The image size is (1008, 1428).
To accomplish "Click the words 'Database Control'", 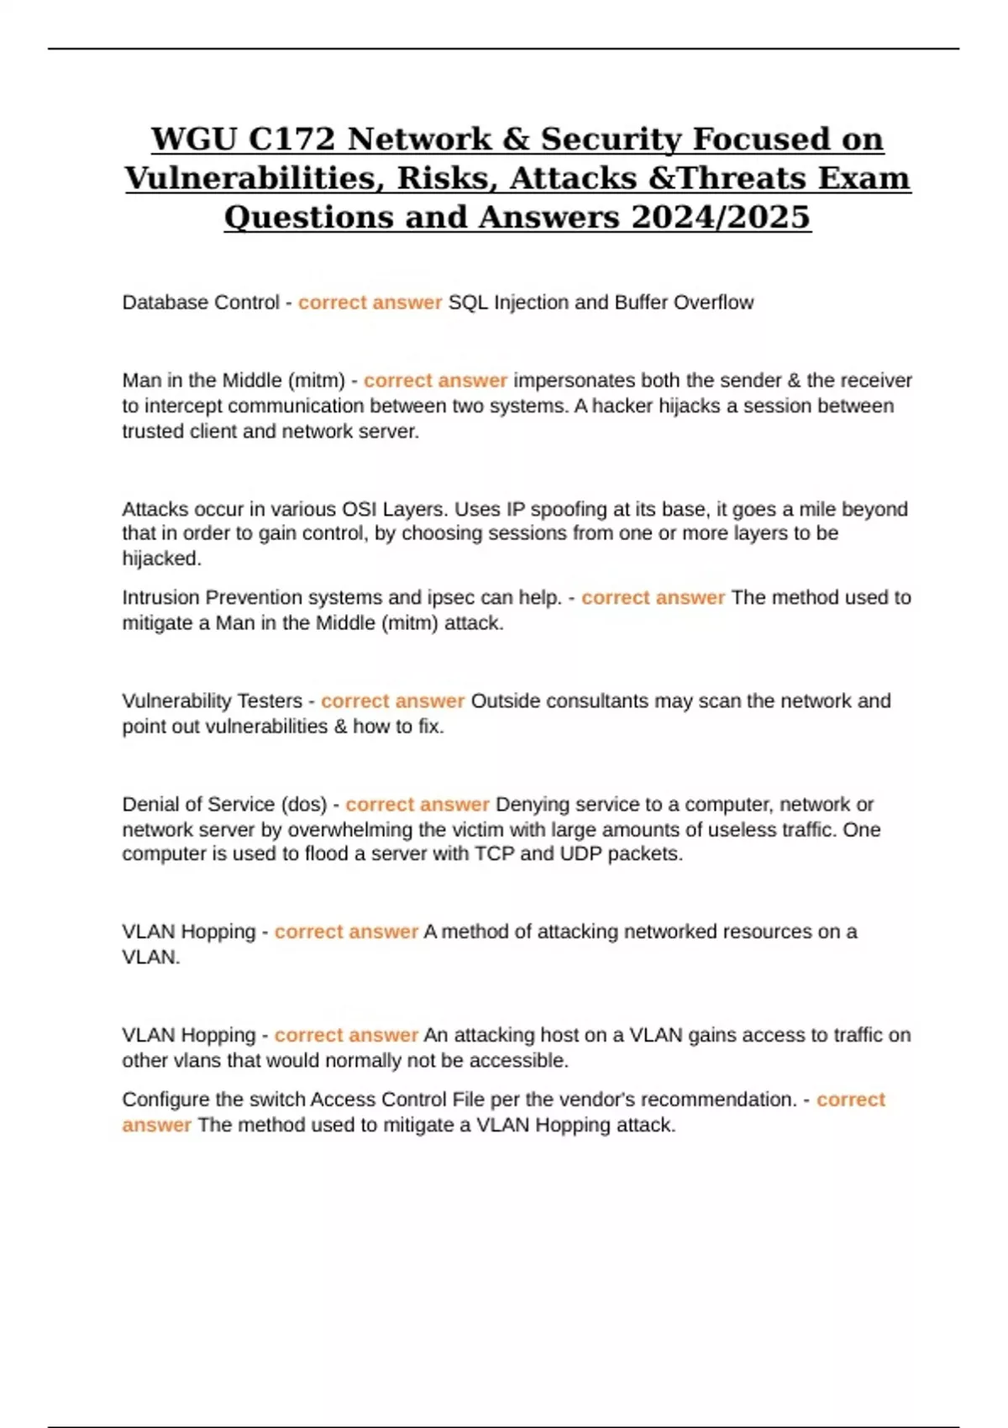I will tap(200, 302).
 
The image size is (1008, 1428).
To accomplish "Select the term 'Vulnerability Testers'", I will tap(212, 701).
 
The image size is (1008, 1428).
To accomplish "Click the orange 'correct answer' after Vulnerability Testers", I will tap(392, 701).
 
